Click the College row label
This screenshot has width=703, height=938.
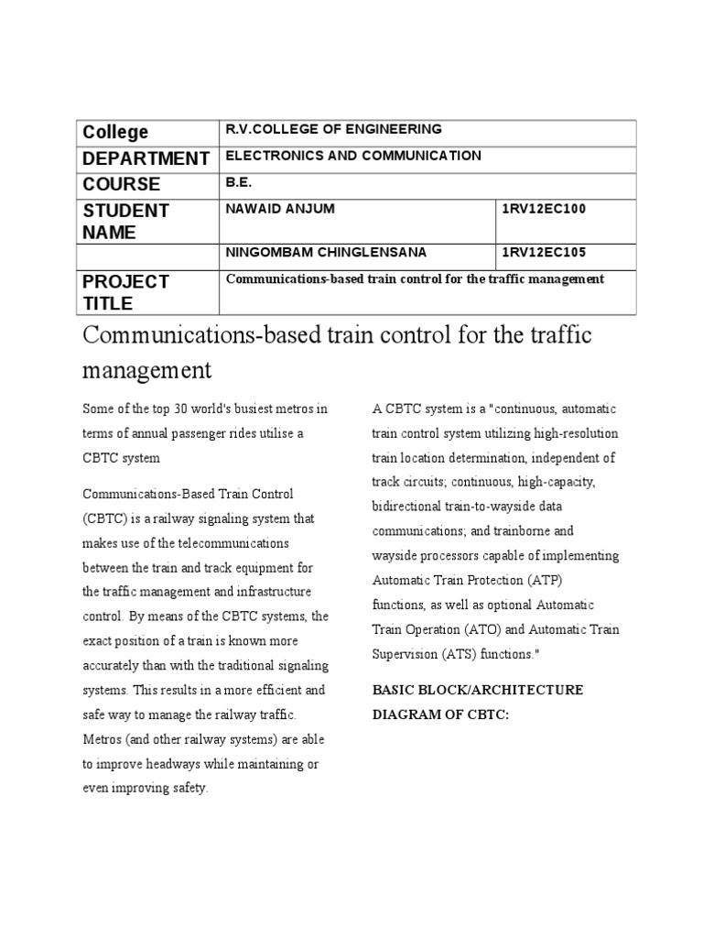click(x=115, y=133)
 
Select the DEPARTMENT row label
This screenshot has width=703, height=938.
click(x=146, y=158)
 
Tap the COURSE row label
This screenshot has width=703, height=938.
click(x=122, y=184)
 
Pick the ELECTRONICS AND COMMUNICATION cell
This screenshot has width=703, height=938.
click(x=353, y=156)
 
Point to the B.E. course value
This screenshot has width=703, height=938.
click(x=238, y=181)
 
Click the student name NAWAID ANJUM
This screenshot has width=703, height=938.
click(x=280, y=209)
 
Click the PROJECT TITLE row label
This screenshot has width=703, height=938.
click(x=125, y=291)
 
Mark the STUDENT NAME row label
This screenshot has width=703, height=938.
click(x=125, y=221)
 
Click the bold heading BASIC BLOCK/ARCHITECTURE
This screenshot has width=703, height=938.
click(x=477, y=689)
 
